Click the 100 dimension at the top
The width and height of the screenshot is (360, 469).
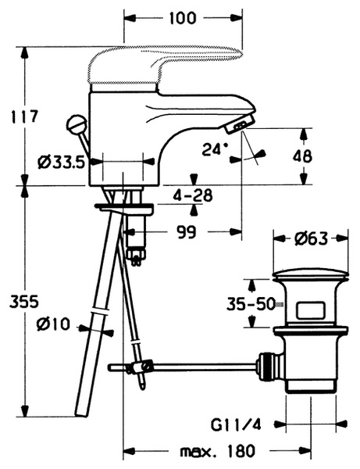(183, 18)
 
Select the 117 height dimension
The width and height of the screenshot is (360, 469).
(24, 116)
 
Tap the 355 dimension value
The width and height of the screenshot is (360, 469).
(24, 302)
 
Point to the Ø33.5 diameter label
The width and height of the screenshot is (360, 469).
(61, 163)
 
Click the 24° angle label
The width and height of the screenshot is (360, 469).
(215, 149)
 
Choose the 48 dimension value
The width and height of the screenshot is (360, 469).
(302, 156)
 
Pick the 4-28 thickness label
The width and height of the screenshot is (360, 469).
(193, 195)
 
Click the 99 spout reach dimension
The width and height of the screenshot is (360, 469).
(187, 232)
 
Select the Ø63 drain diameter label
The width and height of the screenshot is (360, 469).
(311, 238)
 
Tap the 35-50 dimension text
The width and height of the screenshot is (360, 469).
(251, 304)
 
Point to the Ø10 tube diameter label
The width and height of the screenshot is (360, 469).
(53, 324)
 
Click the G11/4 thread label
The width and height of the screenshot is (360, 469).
(236, 424)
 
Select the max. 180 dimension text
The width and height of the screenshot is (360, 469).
(218, 451)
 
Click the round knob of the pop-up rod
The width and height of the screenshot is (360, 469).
(77, 124)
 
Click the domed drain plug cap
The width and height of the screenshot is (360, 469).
(311, 275)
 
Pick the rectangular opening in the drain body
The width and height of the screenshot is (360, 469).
(310, 311)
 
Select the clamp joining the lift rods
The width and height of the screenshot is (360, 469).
(139, 367)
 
